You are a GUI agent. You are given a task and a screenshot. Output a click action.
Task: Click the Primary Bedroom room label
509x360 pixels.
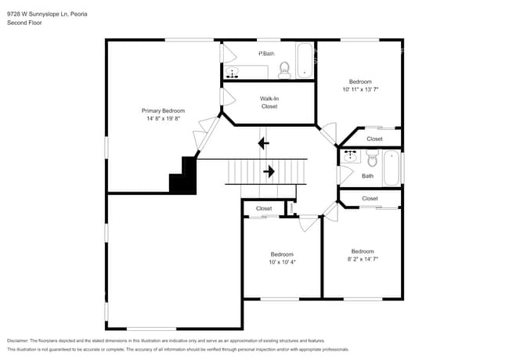point(162,111)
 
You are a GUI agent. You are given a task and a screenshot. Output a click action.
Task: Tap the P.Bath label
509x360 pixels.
point(267,53)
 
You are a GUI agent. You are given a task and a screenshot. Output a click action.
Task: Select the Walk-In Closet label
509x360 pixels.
point(269,103)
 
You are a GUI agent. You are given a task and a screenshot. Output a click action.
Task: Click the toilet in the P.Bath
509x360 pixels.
point(285,70)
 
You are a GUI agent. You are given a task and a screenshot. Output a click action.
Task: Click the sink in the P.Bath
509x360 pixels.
point(233,72)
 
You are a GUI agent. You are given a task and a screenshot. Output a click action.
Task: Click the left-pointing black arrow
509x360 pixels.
point(263,142)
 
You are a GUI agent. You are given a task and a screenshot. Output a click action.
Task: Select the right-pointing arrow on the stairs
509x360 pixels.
point(269,171)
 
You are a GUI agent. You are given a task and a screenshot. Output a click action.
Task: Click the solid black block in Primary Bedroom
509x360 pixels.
point(184,177)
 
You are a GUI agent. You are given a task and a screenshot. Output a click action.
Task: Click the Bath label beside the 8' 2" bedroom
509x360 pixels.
point(367,176)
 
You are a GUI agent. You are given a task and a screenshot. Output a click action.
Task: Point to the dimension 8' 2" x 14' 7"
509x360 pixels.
point(362,259)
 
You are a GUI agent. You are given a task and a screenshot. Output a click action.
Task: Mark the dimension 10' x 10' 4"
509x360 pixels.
point(282,262)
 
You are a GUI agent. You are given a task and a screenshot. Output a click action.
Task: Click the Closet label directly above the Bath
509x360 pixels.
point(374,139)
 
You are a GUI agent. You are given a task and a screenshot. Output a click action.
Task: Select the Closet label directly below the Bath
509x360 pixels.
point(370,199)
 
